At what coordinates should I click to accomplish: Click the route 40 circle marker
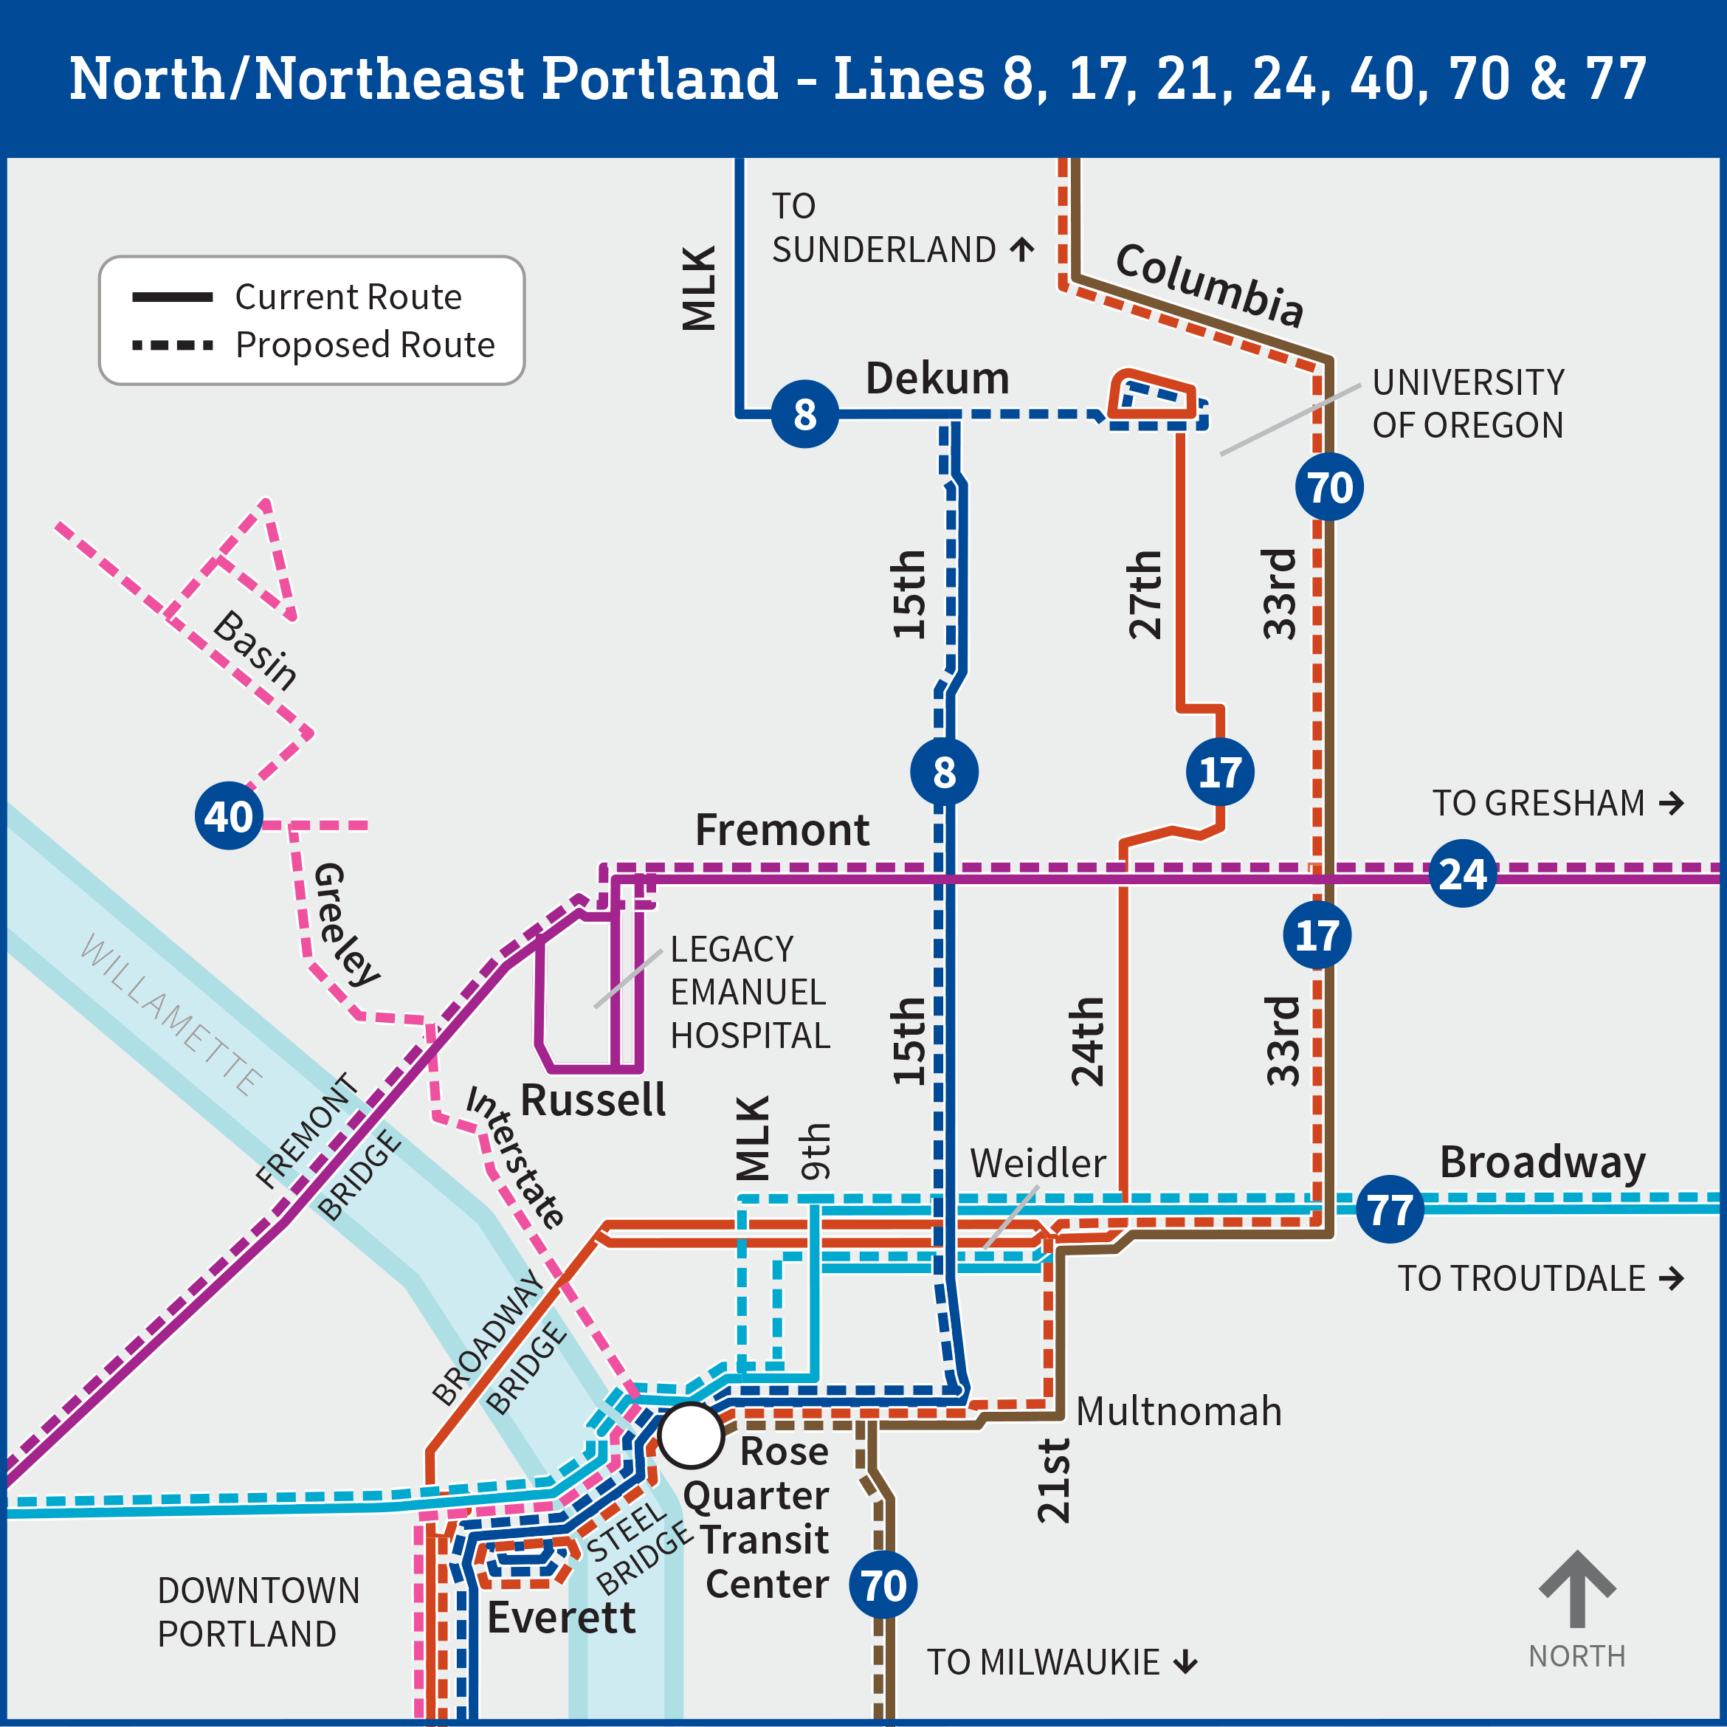tap(229, 816)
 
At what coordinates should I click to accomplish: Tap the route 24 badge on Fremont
tap(1462, 873)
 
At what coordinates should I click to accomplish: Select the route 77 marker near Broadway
tap(1390, 1210)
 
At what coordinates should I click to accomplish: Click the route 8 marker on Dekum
tap(804, 414)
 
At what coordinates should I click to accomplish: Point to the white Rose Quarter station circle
tap(691, 1435)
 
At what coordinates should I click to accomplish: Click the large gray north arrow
tap(1577, 1588)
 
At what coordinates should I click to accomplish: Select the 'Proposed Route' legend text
tap(365, 345)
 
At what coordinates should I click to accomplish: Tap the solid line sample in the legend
tap(173, 297)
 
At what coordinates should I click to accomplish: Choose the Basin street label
tap(255, 650)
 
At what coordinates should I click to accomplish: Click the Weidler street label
tap(1038, 1163)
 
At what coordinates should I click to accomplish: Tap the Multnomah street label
tap(1178, 1411)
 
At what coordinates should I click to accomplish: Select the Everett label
tap(562, 1617)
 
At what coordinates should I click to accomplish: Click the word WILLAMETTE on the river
tap(172, 1015)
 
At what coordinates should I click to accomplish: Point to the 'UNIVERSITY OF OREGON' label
tap(1468, 404)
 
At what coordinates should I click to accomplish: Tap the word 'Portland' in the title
tap(660, 79)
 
